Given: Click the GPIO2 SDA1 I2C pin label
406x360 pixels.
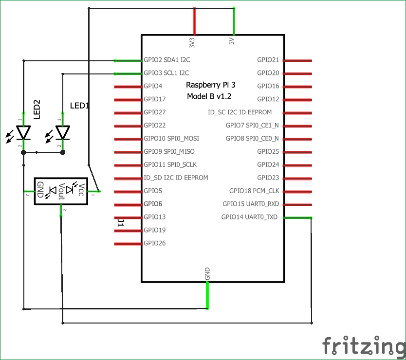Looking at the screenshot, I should point(166,60).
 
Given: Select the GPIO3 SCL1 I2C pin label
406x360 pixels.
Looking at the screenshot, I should point(166,73).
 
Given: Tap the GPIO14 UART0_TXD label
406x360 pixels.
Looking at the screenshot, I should point(249,217).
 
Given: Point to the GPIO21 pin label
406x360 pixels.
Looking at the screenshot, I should point(268,60).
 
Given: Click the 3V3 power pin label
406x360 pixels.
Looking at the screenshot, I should point(192,42).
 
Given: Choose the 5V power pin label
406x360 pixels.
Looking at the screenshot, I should point(232,41).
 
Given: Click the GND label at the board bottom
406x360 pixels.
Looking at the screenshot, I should point(208,273).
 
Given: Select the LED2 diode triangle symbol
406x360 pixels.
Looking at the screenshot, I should point(23,132).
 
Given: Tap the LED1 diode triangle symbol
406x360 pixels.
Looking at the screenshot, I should point(62,132).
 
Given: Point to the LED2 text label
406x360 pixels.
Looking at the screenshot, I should point(37,109).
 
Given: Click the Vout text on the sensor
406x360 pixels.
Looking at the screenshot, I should point(61,191).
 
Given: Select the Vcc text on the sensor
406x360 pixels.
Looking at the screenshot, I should point(82,190).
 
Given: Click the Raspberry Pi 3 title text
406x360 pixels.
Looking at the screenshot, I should point(211,85).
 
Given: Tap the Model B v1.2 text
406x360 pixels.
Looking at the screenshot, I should point(209,97).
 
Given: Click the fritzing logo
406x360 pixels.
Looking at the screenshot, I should point(363,346).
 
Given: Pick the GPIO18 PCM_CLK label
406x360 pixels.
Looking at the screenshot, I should point(254,191).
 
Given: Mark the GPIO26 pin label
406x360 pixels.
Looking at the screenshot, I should point(155,243).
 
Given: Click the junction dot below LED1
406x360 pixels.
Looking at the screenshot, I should point(63,152).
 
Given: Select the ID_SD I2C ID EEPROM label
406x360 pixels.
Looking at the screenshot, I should point(176,178).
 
